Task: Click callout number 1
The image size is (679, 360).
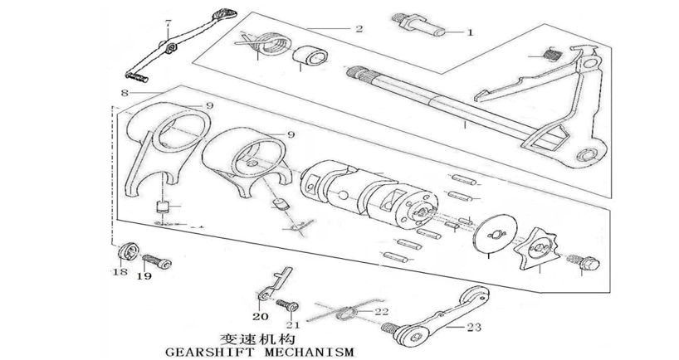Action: pyautogui.click(x=469, y=34)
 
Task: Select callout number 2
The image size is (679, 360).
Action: pyautogui.click(x=358, y=29)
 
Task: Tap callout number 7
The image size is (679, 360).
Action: pyautogui.click(x=169, y=21)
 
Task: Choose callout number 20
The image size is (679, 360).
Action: pyautogui.click(x=259, y=317)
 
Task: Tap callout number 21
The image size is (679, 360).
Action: pyautogui.click(x=291, y=324)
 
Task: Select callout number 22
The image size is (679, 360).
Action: pyautogui.click(x=381, y=313)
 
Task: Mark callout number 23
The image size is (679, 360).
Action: pyautogui.click(x=475, y=327)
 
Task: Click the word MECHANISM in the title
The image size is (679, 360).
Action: pyautogui.click(x=314, y=352)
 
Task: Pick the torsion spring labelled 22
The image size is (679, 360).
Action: pyautogui.click(x=347, y=313)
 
